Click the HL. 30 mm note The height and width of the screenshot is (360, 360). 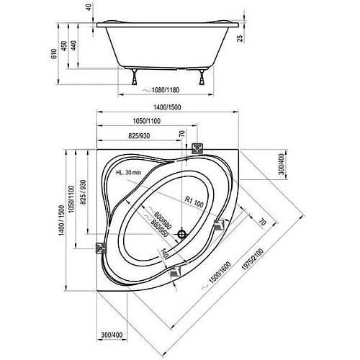(130, 174)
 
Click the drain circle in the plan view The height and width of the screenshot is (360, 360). (183, 235)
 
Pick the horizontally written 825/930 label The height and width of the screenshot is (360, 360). (133, 137)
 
